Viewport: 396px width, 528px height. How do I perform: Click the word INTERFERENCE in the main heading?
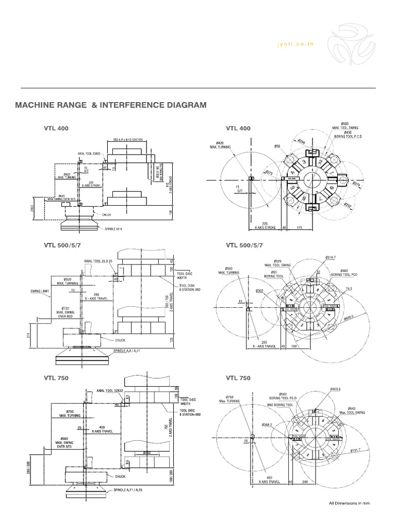(x=128, y=105)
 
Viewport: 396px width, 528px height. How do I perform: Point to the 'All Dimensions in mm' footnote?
(x=350, y=503)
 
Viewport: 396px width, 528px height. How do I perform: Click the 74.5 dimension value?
(x=349, y=289)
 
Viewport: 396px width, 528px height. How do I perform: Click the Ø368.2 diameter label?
(x=267, y=425)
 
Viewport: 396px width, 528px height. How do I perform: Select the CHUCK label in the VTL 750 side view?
(x=120, y=476)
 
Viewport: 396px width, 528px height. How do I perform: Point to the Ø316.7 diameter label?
(x=331, y=257)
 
